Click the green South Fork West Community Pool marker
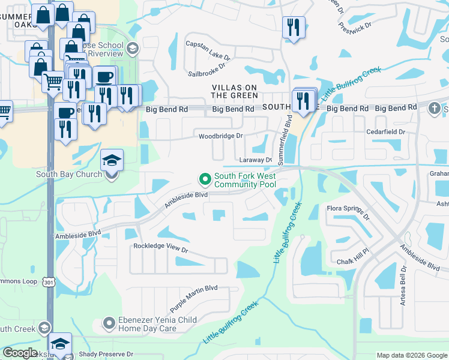[x=205, y=179]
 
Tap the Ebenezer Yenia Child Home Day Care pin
[x=109, y=324]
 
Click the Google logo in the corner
[x=20, y=353]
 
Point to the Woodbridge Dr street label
[x=221, y=136]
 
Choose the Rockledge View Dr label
[x=161, y=247]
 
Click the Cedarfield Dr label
[x=386, y=131]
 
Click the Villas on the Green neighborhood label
[x=235, y=91]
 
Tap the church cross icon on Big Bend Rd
[x=434, y=108]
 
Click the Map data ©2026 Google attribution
[x=411, y=355]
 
